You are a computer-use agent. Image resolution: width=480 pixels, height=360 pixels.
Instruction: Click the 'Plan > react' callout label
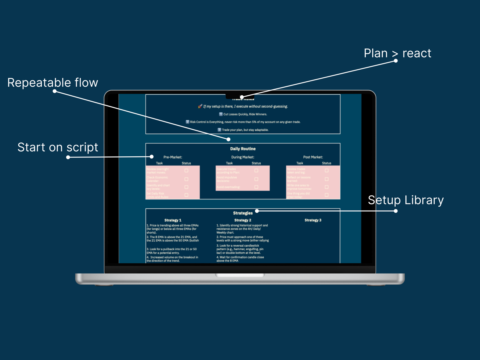[397, 53]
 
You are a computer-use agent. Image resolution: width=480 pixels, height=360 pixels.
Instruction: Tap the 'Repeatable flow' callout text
[52, 82]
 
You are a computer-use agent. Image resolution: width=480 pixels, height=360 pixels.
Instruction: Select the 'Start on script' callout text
[58, 147]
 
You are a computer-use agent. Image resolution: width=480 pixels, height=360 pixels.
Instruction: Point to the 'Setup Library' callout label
[406, 200]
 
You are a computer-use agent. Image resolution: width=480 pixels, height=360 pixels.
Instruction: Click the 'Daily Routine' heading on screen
[243, 149]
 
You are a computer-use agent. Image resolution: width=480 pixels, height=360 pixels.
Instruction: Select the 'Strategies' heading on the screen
[243, 213]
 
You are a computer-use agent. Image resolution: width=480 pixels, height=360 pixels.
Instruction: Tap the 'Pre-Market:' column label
[172, 157]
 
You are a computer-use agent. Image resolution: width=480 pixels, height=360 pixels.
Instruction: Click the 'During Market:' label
[242, 157]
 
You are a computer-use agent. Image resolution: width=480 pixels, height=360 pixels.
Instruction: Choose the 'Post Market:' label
[313, 157]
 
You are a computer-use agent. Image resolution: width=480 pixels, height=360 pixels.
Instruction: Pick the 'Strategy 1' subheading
[173, 220]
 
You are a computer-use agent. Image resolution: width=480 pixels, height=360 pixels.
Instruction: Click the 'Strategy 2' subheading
[243, 220]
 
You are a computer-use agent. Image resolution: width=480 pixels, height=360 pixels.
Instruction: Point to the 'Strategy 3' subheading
[313, 220]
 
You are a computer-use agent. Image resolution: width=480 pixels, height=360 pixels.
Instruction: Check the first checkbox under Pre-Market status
[186, 170]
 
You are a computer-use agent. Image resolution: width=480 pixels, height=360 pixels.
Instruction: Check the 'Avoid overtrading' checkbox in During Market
[256, 187]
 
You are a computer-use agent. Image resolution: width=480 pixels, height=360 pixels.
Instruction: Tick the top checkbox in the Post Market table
[326, 170]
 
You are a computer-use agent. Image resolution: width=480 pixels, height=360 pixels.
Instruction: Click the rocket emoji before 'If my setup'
[200, 106]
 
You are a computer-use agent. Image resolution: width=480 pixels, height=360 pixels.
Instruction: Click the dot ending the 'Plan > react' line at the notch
[242, 97]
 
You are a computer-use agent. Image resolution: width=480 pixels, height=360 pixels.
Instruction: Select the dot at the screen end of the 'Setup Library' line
[257, 211]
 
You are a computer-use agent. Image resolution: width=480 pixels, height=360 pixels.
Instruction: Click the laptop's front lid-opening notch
[240, 275]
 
